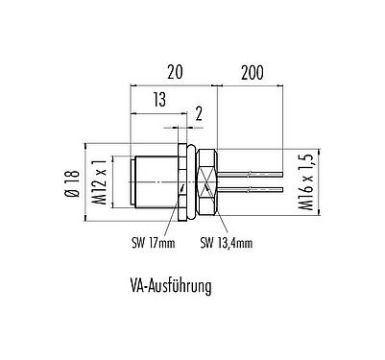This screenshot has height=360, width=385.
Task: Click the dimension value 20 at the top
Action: tap(174, 71)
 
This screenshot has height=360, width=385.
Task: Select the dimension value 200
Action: tap(251, 71)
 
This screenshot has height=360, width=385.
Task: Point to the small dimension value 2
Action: tap(199, 113)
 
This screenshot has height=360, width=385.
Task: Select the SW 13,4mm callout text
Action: tap(227, 242)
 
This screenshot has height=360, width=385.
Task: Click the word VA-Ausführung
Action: tap(168, 285)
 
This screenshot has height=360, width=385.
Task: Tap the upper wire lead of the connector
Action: tap(250, 172)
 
